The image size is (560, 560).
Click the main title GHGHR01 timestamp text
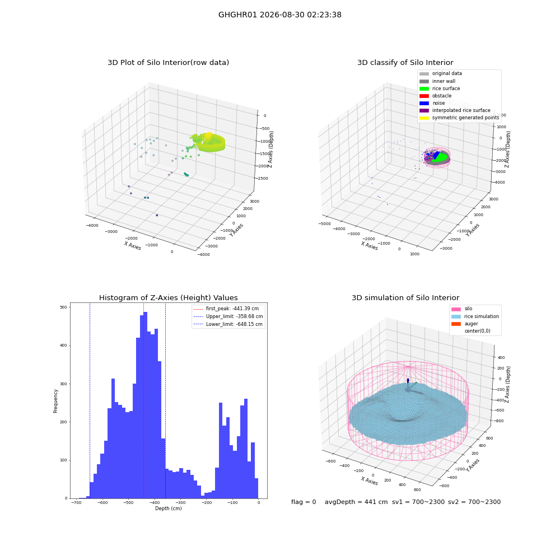[279, 15]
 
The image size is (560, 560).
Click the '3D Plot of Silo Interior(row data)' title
[168, 63]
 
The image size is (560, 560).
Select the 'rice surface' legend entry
[439, 88]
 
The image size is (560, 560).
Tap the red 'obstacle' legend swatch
[424, 96]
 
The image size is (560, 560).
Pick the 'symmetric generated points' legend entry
[459, 118]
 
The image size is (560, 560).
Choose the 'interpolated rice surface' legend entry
[455, 110]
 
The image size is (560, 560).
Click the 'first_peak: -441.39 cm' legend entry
[226, 309]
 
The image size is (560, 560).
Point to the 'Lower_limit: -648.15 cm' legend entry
[227, 324]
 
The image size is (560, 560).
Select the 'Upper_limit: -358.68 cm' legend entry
[228, 316]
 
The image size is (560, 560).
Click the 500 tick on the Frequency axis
[64, 307]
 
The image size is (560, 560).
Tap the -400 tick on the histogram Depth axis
[155, 502]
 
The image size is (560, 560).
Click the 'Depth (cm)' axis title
[168, 508]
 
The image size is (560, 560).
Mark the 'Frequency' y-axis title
[55, 401]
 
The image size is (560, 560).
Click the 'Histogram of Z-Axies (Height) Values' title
[168, 298]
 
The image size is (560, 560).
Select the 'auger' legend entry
[464, 324]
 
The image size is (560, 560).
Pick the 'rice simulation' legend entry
[475, 316]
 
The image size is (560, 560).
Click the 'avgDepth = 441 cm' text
[356, 502]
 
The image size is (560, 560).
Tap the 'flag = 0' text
[304, 502]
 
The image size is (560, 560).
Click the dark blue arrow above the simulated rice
[408, 381]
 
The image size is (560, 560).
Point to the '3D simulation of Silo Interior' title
[405, 298]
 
